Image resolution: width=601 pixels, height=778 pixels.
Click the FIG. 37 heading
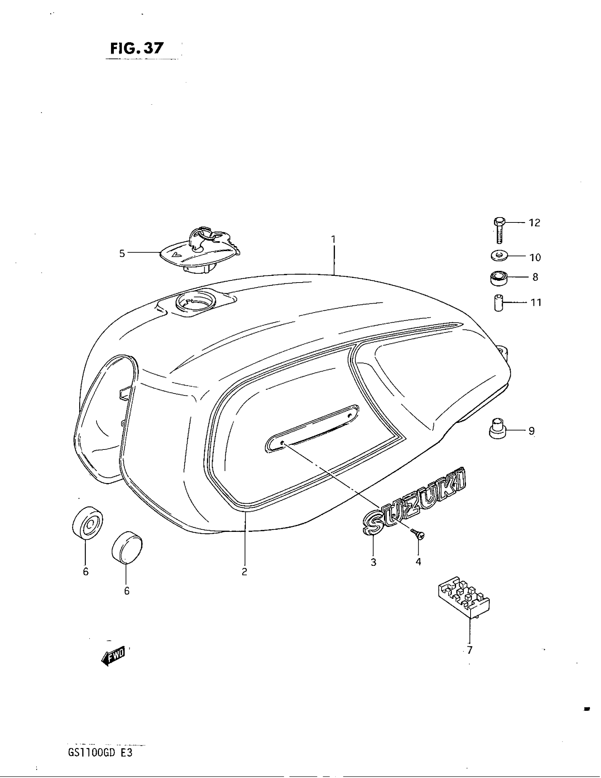[137, 48]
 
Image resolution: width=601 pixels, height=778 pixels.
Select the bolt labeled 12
[498, 230]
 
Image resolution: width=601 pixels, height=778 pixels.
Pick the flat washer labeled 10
[498, 255]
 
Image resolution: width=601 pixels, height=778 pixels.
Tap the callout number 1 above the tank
[334, 239]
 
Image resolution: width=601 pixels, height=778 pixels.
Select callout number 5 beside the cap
[122, 253]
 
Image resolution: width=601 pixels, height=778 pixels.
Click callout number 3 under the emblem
[373, 562]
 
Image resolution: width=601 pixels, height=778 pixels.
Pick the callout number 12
[535, 223]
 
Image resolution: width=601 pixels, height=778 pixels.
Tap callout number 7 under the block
[469, 650]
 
